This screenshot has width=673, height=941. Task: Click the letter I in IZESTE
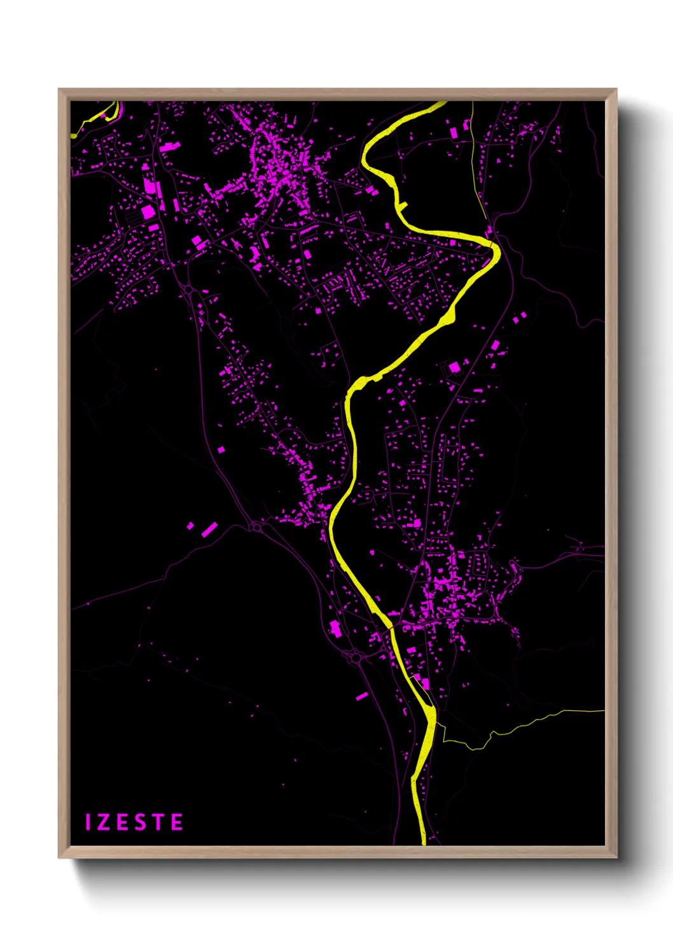pyautogui.click(x=89, y=822)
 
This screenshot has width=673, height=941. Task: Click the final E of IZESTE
pyautogui.click(x=177, y=822)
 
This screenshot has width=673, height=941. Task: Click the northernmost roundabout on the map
pyautogui.click(x=189, y=290)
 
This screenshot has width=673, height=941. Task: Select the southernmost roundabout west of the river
pyautogui.click(x=354, y=659)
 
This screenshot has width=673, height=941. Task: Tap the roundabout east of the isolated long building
pyautogui.click(x=257, y=526)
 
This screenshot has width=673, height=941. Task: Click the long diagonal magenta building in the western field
pyautogui.click(x=209, y=530)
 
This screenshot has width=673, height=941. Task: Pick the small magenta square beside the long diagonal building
pyautogui.click(x=190, y=526)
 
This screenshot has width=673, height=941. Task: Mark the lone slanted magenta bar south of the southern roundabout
pyautogui.click(x=362, y=696)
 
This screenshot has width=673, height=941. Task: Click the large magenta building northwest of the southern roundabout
pyautogui.click(x=335, y=628)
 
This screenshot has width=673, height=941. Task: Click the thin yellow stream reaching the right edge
pyautogui.click(x=547, y=717)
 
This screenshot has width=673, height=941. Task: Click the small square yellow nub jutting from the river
pyautogui.click(x=403, y=205)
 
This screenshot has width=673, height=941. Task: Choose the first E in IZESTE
pyautogui.click(x=123, y=822)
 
